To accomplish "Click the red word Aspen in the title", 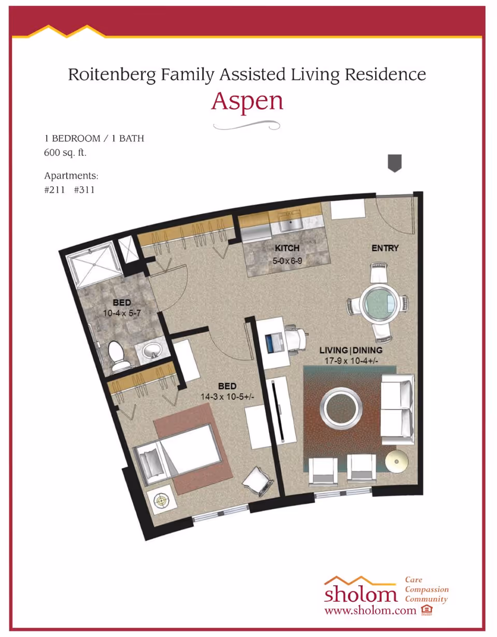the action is click(247, 102).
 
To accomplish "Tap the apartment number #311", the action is click(84, 190).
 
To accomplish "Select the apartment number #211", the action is click(54, 190).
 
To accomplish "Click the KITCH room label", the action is click(287, 248).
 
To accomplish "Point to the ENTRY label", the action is click(385, 248).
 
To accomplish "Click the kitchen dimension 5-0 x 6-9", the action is click(287, 260).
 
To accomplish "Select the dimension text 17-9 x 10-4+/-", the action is click(351, 361).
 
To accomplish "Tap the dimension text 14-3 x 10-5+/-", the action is click(227, 397).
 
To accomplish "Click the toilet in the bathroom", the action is click(118, 356).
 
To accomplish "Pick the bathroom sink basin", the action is click(152, 350).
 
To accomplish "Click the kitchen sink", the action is click(290, 225).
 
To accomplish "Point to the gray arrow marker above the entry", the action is click(394, 163).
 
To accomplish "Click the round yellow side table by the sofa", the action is click(397, 462).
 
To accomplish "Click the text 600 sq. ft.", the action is click(65, 153).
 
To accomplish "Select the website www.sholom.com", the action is click(370, 610).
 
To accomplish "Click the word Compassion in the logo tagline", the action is click(427, 589).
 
